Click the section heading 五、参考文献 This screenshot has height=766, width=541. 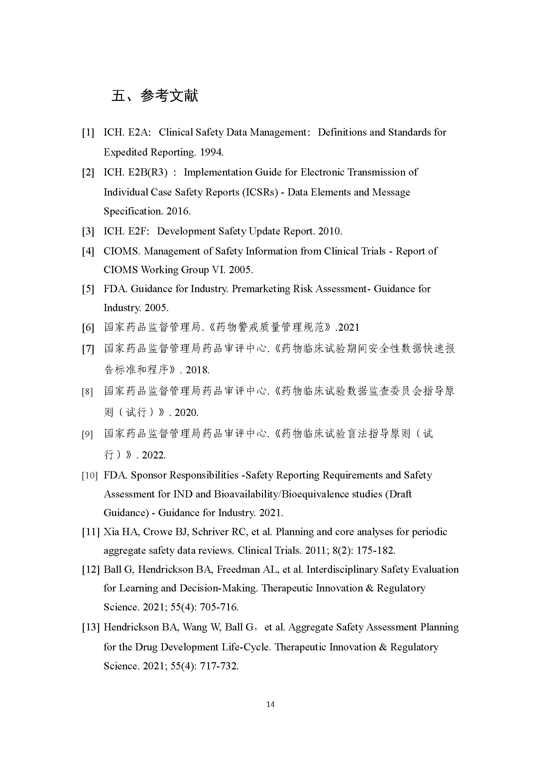pyautogui.click(x=155, y=96)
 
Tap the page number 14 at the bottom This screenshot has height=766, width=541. pyautogui.click(x=270, y=704)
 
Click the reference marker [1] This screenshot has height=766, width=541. pyautogui.click(x=88, y=132)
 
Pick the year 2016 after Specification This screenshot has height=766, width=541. pyautogui.click(x=178, y=211)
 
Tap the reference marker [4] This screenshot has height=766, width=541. pyautogui.click(x=88, y=251)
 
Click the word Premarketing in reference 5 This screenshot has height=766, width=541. pyautogui.click(x=260, y=289)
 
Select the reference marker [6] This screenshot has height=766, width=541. pyautogui.click(x=88, y=327)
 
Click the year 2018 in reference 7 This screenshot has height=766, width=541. pyautogui.click(x=197, y=370)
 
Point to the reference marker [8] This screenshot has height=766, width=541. pyautogui.click(x=87, y=391)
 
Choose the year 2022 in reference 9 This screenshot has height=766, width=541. pyautogui.click(x=154, y=455)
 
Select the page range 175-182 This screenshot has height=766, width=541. pyautogui.click(x=376, y=551)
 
